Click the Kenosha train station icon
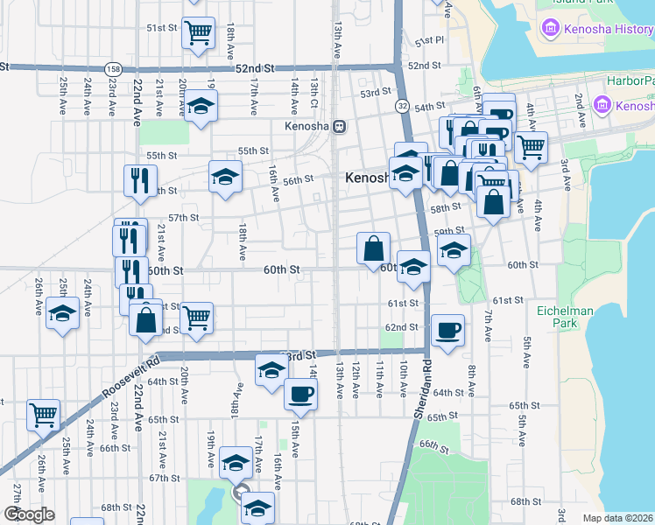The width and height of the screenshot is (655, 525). click(338, 126)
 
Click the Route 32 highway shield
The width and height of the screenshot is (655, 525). click(401, 105)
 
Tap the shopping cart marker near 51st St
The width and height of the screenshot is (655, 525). click(199, 33)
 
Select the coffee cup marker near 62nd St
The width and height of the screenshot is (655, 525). click(448, 331)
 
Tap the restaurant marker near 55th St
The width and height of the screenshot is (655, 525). click(140, 181)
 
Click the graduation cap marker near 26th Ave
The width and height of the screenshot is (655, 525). click(62, 313)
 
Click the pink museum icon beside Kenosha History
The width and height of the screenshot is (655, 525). click(552, 29)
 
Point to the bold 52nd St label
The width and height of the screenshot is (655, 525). click(255, 67)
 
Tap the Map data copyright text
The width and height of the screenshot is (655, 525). click(618, 518)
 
